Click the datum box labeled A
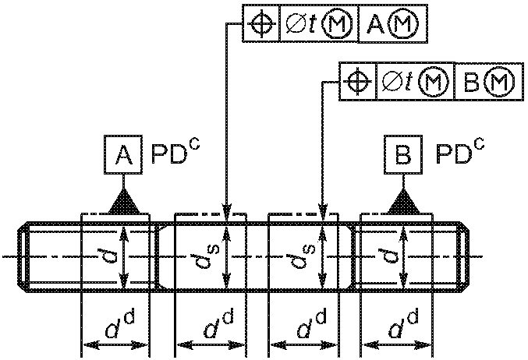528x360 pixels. tap(123, 155)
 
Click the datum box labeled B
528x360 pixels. tap(403, 155)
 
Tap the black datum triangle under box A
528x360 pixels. tap(123, 201)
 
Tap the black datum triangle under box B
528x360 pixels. tap(403, 201)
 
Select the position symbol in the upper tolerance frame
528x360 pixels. tap(261, 23)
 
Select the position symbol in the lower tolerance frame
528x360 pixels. tap(358, 81)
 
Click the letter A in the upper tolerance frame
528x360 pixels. tap(375, 25)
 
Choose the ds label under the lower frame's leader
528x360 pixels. tap(303, 256)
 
